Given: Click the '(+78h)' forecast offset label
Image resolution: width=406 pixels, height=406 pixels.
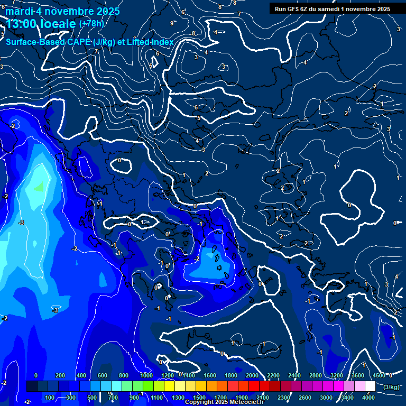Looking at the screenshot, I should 91,23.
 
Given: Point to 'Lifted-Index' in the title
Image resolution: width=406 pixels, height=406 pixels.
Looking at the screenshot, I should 150,42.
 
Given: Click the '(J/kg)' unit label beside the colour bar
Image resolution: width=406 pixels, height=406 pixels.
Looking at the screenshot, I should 391,387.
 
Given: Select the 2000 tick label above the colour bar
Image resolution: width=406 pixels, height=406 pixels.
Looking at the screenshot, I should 252,375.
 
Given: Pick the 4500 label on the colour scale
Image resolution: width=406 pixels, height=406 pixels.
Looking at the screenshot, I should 379,375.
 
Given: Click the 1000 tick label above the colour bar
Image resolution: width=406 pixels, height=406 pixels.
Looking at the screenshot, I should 146,375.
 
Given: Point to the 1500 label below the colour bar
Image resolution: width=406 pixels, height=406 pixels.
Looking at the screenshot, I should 199,398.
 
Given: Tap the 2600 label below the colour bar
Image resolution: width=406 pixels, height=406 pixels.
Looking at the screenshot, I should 305,398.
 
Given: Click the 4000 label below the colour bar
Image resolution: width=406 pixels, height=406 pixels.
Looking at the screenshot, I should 368,398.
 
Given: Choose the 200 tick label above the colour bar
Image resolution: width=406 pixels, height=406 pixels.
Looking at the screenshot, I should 60,375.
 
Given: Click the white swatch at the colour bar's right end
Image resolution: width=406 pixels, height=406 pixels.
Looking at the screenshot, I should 370,386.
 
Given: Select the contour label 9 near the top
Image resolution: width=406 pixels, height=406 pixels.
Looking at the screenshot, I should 171,23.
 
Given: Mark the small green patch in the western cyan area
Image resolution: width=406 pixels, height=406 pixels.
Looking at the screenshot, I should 39,186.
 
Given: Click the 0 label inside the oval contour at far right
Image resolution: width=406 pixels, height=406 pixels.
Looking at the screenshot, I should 349,205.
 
